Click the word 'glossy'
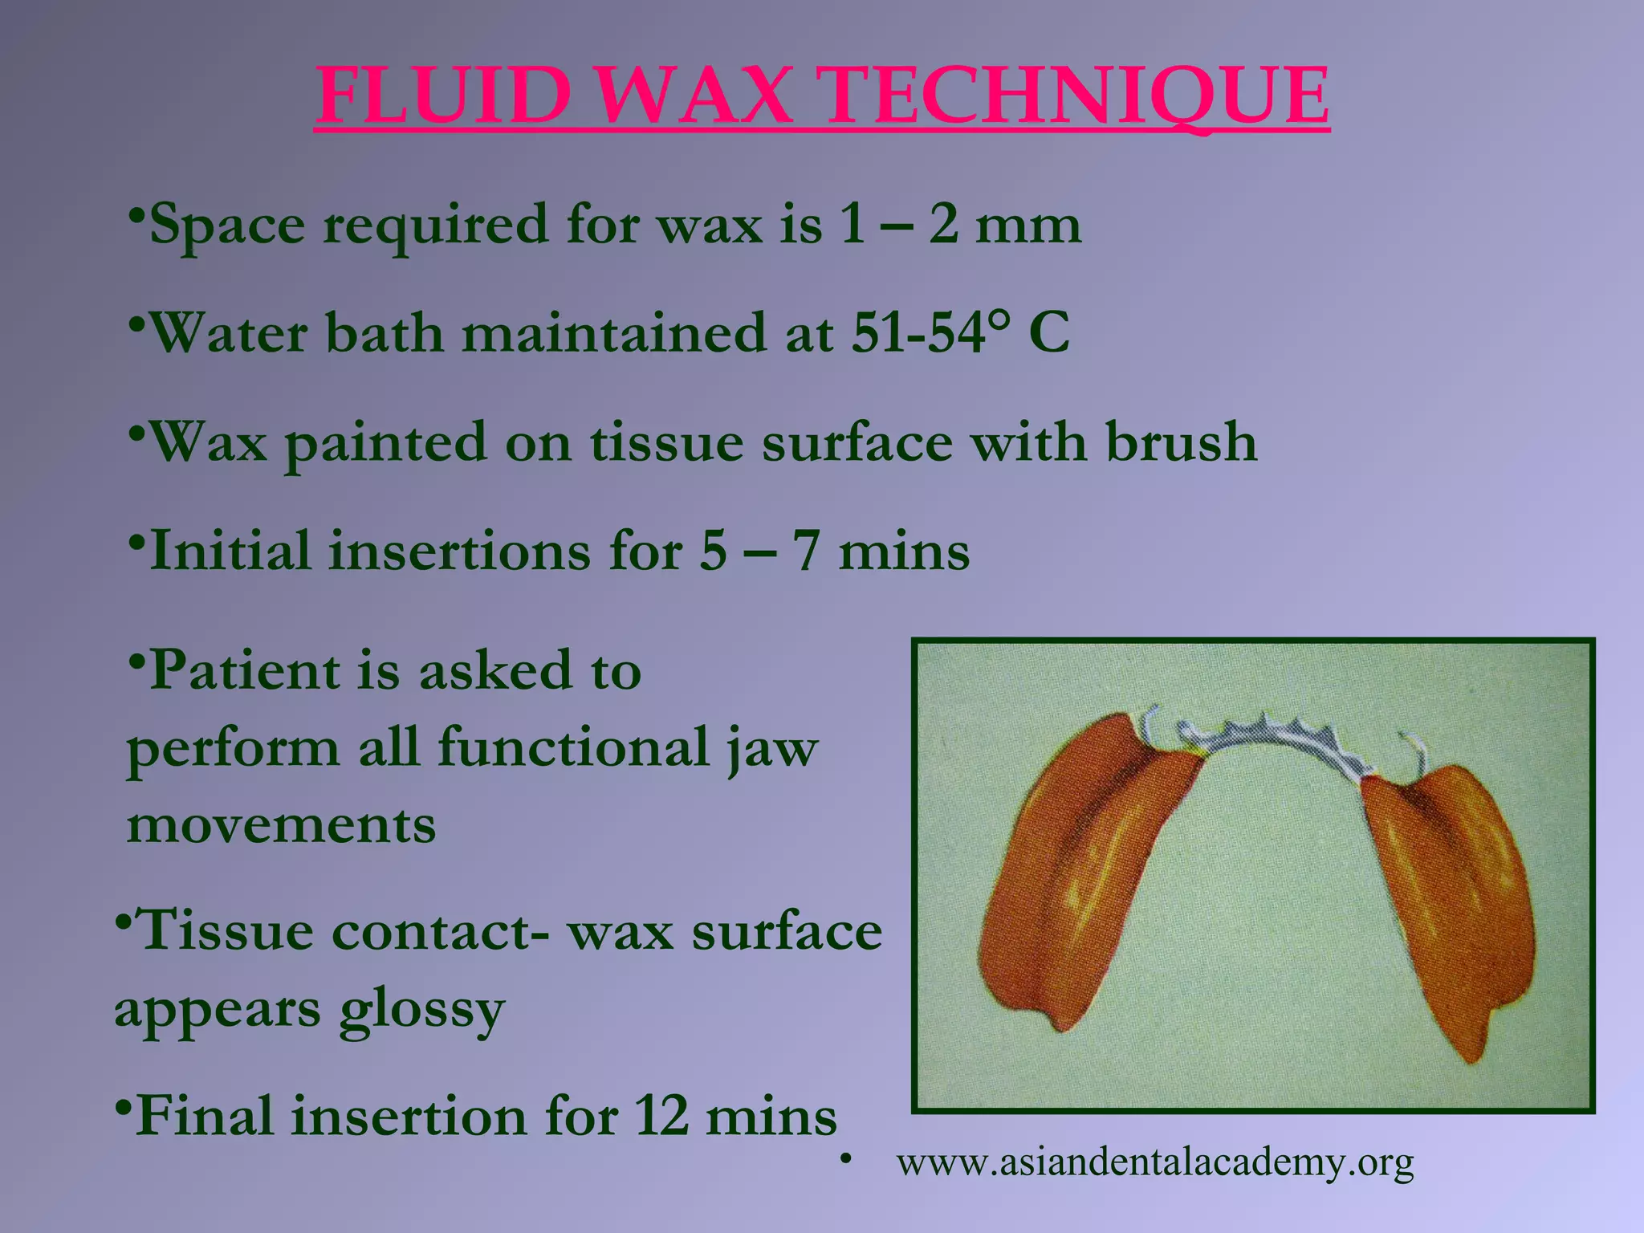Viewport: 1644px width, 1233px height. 421,1011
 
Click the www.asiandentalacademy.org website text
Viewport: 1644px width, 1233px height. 1155,1162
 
